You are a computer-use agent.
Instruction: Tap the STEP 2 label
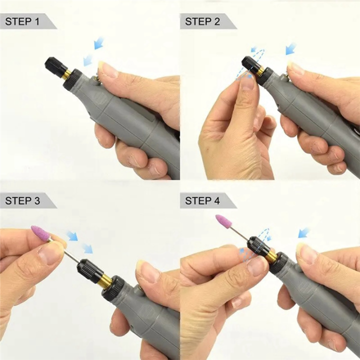(x=202, y=21)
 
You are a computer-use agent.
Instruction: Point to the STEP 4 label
(x=202, y=201)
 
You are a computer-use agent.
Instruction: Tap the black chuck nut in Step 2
(x=250, y=65)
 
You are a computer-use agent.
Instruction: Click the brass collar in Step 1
(x=66, y=75)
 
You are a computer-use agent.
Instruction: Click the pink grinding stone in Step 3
(x=40, y=232)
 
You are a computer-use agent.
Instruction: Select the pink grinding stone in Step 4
(x=223, y=221)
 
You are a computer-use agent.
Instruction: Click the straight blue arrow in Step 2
(x=290, y=49)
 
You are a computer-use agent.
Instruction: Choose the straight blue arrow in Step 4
(x=303, y=232)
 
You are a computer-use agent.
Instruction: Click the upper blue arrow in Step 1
(x=98, y=43)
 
